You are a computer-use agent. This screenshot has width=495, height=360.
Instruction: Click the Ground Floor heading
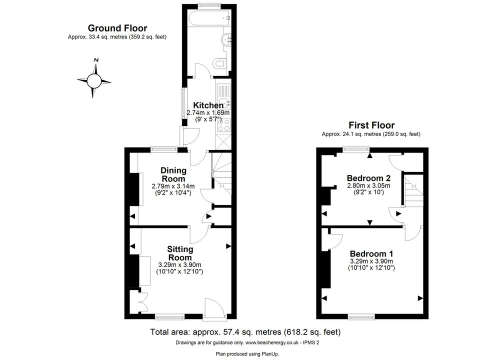[117, 28]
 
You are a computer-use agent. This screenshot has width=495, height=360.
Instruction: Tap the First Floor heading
[371, 125]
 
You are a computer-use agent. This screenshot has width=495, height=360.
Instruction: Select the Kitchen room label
[208, 105]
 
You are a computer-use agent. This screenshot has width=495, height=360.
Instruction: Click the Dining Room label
[173, 174]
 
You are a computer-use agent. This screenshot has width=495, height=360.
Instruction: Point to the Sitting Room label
[180, 253]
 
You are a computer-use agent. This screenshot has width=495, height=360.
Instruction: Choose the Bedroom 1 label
[371, 254]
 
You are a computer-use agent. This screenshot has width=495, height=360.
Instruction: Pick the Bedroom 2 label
[368, 178]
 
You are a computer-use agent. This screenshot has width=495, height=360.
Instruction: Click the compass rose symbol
[94, 81]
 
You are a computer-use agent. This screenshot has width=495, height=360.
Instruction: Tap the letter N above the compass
[96, 60]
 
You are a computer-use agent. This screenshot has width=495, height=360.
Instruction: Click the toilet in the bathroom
[219, 63]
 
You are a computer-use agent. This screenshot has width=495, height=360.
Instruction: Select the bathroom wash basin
[227, 40]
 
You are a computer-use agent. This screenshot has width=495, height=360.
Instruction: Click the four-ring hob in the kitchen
[223, 124]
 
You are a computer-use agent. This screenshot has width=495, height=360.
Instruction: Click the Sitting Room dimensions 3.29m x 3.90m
[179, 265]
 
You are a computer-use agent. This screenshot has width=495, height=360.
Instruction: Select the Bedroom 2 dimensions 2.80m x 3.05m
[368, 185]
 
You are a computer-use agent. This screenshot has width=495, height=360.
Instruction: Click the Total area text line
[245, 332]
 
